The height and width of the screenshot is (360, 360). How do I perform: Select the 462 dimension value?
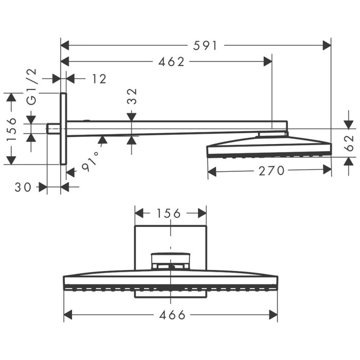(172, 62)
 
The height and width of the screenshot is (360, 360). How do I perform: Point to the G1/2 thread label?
(32, 86)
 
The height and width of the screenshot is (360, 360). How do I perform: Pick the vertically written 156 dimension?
(12, 129)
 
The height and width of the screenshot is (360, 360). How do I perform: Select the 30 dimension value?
(24, 188)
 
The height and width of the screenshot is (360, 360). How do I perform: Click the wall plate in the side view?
(63, 129)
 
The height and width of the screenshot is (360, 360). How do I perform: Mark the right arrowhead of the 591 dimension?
(327, 45)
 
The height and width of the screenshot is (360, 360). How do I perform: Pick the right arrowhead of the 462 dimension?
(267, 62)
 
